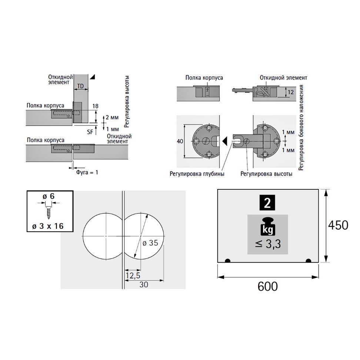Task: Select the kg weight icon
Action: pyautogui.click(x=268, y=227)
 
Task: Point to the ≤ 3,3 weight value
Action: pyautogui.click(x=268, y=244)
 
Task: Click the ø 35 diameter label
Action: pyautogui.click(x=150, y=243)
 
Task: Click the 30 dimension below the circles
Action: pyautogui.click(x=144, y=284)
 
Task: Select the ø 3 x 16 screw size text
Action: pyautogui.click(x=49, y=224)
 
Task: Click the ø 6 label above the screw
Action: pyautogui.click(x=50, y=196)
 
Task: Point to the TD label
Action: pyautogui.click(x=80, y=86)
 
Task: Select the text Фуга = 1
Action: pyautogui.click(x=87, y=172)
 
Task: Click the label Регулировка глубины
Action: pyautogui.click(x=197, y=173)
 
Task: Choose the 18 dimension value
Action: pyautogui.click(x=95, y=106)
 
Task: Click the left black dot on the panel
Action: pyautogui.click(x=228, y=261)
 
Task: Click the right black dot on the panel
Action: pyautogui.click(x=308, y=261)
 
